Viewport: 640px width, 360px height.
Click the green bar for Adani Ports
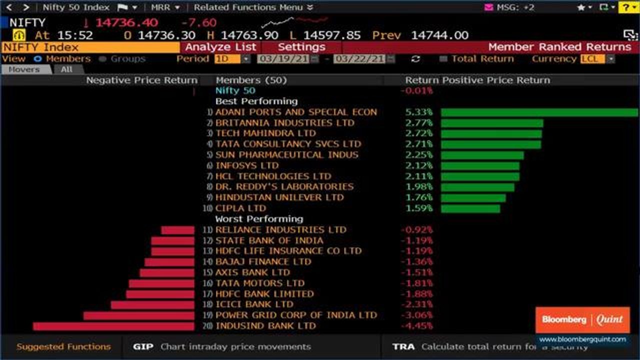click(x=539, y=112)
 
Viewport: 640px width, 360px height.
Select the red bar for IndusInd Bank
click(x=113, y=326)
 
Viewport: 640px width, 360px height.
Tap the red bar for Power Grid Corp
click(x=138, y=315)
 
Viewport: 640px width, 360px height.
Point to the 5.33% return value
click(x=419, y=112)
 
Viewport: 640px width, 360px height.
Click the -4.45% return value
click(x=416, y=326)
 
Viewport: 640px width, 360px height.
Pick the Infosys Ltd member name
click(x=247, y=165)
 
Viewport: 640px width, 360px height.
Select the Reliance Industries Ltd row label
click(x=280, y=230)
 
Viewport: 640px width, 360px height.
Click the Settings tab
click(x=301, y=47)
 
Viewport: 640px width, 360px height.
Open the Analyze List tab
click(x=220, y=47)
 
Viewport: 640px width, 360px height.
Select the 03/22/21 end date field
click(x=360, y=59)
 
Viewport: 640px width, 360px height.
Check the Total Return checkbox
click(x=443, y=59)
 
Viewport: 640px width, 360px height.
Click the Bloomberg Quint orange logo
click(x=582, y=320)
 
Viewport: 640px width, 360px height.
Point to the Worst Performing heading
click(x=259, y=219)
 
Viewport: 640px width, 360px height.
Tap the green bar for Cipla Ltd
click(x=470, y=208)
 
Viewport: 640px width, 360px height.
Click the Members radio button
click(x=37, y=59)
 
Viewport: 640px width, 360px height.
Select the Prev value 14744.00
click(x=439, y=35)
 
